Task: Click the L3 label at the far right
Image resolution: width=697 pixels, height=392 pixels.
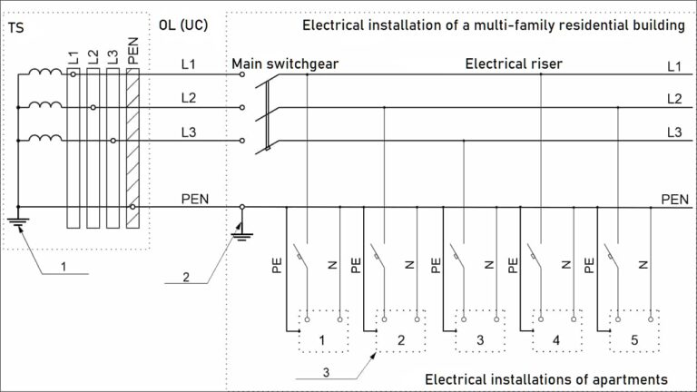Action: pyautogui.click(x=674, y=132)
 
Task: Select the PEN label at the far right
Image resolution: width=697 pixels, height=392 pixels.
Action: pyautogui.click(x=673, y=199)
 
